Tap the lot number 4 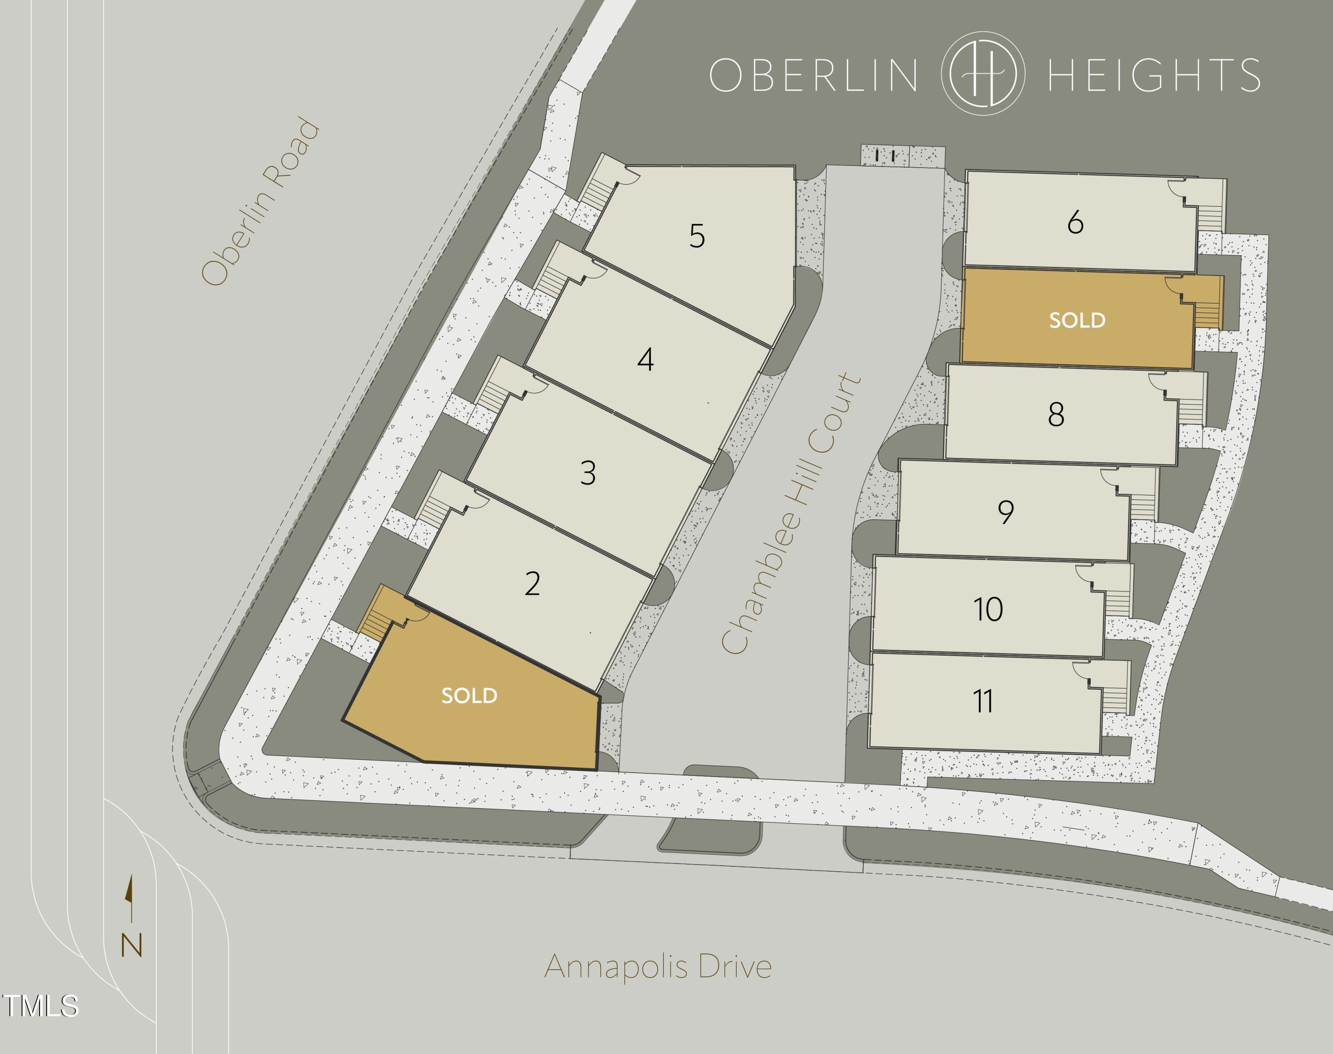coord(645,359)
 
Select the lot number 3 coord(588,473)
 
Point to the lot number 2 coord(532,583)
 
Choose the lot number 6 coord(1075,222)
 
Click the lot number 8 coord(1056,414)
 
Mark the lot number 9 coord(1006,512)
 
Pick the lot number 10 coord(988,609)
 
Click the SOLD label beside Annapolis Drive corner coord(469,695)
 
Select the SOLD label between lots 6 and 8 coord(1077,320)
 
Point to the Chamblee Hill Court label coord(791,513)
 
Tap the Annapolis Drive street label coord(658,966)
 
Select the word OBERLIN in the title coord(813,75)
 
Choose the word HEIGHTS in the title coord(1153,75)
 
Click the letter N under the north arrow coord(132,945)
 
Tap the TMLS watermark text coord(41,1006)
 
